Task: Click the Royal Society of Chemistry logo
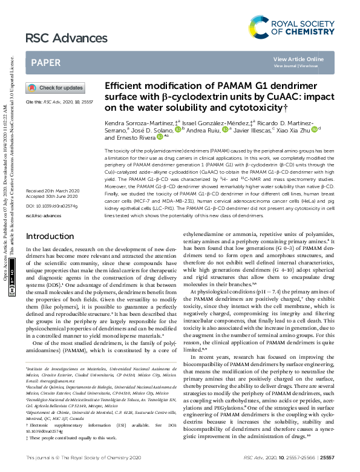[x=291, y=27]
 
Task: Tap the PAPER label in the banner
[x=46, y=62]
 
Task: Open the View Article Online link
[x=298, y=59]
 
